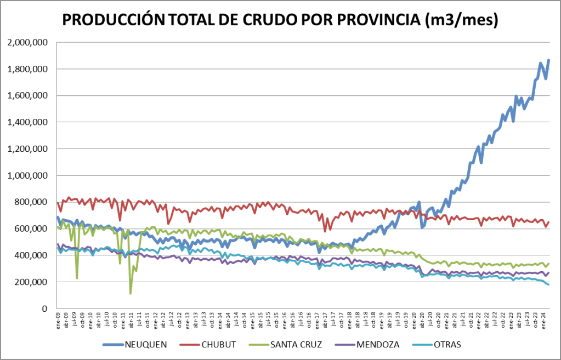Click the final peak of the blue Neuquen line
tap(548, 60)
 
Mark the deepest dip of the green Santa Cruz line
tap(131, 293)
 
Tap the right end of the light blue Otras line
tap(548, 284)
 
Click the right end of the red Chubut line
tap(548, 222)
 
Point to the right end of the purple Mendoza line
tap(548, 272)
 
